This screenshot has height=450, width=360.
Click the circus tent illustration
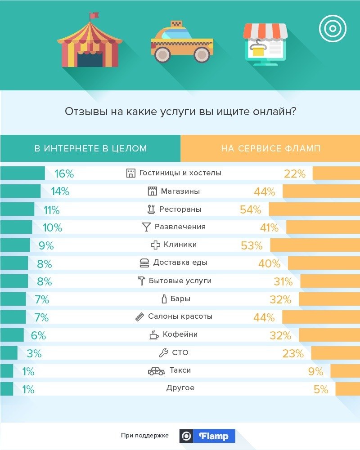click(88, 45)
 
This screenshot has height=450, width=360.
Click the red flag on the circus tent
click(94, 16)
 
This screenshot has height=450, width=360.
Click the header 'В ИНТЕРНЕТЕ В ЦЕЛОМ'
click(90, 148)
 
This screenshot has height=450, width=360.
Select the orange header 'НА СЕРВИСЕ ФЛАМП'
click(270, 148)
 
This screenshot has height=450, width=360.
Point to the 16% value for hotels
click(64, 174)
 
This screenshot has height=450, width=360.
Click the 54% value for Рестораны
click(251, 209)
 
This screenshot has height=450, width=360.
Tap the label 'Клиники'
click(180, 245)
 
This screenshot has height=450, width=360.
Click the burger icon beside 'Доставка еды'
click(144, 263)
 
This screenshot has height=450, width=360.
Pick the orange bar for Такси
click(345, 371)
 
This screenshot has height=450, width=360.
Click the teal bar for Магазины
click(20, 192)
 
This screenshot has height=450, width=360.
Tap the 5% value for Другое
click(321, 389)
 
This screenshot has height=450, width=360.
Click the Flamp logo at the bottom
click(207, 436)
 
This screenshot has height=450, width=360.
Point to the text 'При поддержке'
click(144, 436)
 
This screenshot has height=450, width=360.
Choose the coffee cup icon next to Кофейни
click(154, 335)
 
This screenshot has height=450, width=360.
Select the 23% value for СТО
click(293, 353)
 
